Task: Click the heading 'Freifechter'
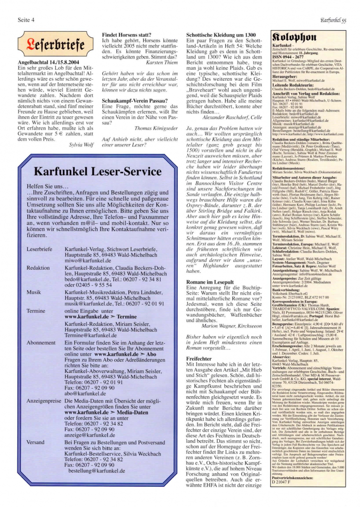click(x=199, y=358)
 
